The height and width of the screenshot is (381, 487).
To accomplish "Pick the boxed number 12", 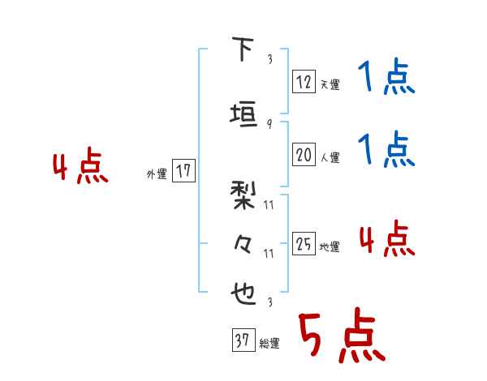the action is (304, 82).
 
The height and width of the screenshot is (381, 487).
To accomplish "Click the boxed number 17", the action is (183, 171).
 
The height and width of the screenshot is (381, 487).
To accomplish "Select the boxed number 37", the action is (242, 341).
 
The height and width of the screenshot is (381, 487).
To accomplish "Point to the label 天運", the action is (330, 84).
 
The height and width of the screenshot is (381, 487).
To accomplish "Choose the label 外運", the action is (156, 173).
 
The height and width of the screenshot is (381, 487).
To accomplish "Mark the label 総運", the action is (269, 344).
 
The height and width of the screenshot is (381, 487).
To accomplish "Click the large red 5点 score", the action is (341, 338).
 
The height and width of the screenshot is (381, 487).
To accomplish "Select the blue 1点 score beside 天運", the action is (386, 79).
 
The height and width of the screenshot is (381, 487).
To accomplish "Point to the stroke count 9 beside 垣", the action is (269, 124).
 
